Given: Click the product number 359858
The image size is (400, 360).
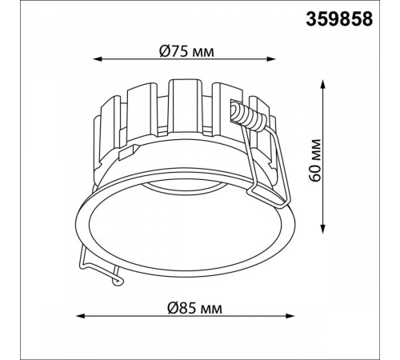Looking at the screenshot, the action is pos(339,19).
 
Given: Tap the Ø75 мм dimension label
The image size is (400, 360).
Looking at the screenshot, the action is pos(186,51).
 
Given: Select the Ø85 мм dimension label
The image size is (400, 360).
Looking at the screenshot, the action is pos(194,308).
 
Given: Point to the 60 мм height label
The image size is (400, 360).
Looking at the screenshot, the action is pos(315,160).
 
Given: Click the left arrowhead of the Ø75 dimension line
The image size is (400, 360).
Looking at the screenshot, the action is pos(98,59).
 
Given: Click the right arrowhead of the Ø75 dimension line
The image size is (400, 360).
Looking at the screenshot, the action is pos(271,59).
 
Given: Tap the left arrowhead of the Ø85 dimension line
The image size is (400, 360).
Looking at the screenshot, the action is pos(80,316).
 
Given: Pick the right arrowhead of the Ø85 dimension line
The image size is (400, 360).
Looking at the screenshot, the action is pos(290,316).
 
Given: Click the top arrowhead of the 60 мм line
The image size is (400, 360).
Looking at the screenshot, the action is pos(323,84).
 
